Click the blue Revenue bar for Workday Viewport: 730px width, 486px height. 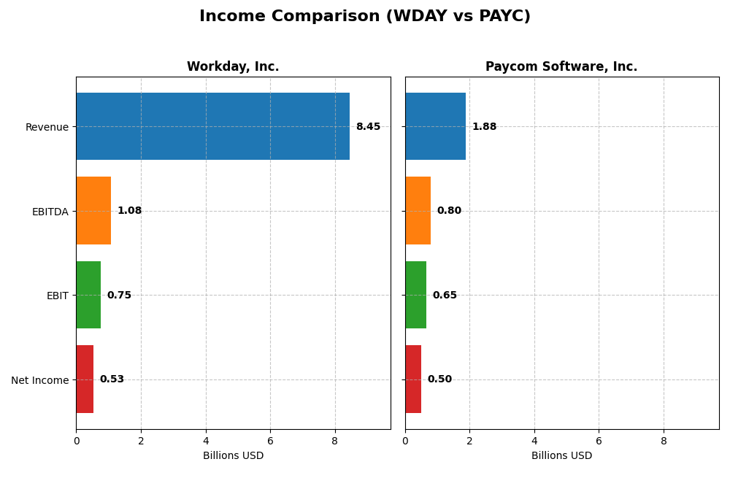coord(212,126)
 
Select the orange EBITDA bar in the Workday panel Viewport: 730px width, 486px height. coord(93,211)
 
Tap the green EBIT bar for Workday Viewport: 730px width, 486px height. coord(88,295)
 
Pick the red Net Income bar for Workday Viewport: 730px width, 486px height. coord(85,379)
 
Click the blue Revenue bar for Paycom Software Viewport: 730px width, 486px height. coord(435,126)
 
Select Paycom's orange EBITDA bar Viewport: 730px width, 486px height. coord(418,211)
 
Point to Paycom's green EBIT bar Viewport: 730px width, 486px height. coord(415,295)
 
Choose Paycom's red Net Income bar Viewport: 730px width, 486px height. coord(413,379)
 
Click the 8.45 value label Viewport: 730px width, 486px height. coord(368,127)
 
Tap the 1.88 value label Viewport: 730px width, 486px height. coord(484,127)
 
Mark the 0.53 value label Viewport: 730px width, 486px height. coord(112,379)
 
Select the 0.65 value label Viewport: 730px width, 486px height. coord(445,296)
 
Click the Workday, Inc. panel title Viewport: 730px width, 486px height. coord(233,67)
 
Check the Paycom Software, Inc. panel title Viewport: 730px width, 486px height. coord(561,67)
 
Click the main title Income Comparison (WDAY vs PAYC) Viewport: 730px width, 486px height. coord(365,17)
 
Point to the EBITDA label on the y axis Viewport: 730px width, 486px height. coord(50,212)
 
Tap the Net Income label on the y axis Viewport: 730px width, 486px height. coord(39,380)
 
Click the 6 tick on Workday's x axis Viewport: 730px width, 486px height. coord(270,441)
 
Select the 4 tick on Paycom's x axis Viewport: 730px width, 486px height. coord(534,441)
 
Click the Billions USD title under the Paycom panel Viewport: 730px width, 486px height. coord(561,456)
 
